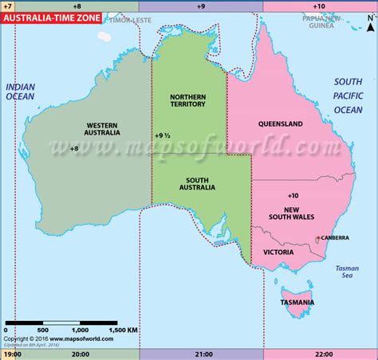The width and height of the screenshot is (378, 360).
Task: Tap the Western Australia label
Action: (102, 128)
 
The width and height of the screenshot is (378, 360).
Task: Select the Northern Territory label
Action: (188, 100)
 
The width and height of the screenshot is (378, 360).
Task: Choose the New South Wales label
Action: (293, 212)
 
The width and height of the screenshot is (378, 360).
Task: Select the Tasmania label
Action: (297, 302)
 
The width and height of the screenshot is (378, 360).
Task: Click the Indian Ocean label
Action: (21, 92)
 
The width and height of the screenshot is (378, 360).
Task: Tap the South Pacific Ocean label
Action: (348, 95)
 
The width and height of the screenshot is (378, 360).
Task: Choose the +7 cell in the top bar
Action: (7, 6)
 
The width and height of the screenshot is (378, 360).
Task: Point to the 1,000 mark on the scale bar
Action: (81, 330)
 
